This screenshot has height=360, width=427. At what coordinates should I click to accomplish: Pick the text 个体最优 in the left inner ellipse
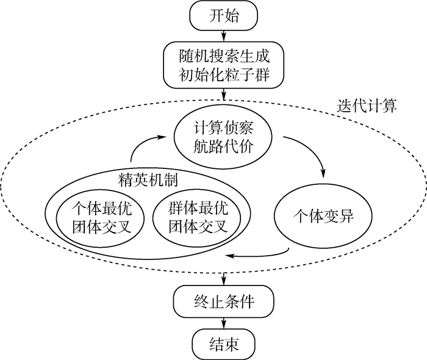pos(99,207)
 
